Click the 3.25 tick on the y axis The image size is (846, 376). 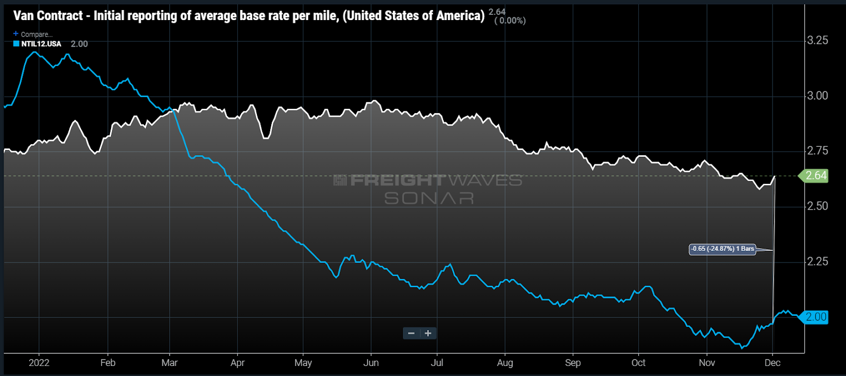tap(817, 41)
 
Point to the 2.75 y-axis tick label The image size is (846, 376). tap(817, 151)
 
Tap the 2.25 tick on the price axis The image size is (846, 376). tap(817, 261)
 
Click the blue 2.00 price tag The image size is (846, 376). tap(815, 317)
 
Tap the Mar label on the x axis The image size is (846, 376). tap(169, 363)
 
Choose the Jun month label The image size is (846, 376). tap(371, 363)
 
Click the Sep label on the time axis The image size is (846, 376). tap(573, 363)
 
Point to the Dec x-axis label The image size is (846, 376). tap(773, 363)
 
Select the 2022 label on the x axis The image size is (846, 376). tap(39, 363)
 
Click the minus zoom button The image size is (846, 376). tap(411, 333)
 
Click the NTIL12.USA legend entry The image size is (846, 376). tap(41, 44)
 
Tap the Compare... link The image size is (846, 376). tap(36, 34)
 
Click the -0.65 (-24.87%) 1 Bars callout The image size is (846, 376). tap(722, 249)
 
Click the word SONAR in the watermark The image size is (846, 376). tap(429, 199)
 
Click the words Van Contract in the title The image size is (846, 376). tap(48, 16)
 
